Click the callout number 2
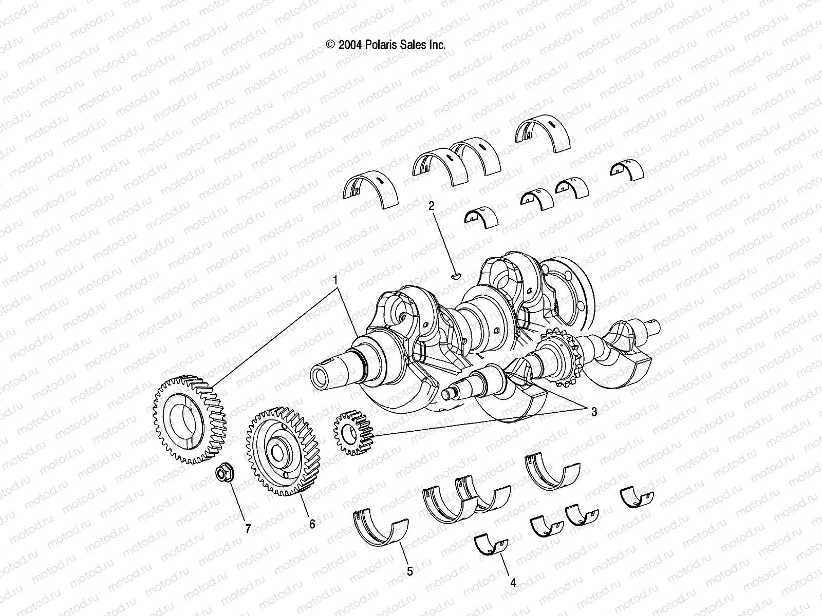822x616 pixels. click(432, 206)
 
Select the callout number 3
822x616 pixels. click(594, 411)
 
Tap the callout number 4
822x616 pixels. click(513, 582)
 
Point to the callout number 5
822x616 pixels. click(409, 571)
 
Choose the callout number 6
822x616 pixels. click(312, 524)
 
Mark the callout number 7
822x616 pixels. click(248, 529)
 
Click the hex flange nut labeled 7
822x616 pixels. click(224, 473)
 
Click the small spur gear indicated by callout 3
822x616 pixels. click(352, 427)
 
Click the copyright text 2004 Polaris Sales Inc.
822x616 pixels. click(386, 45)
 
